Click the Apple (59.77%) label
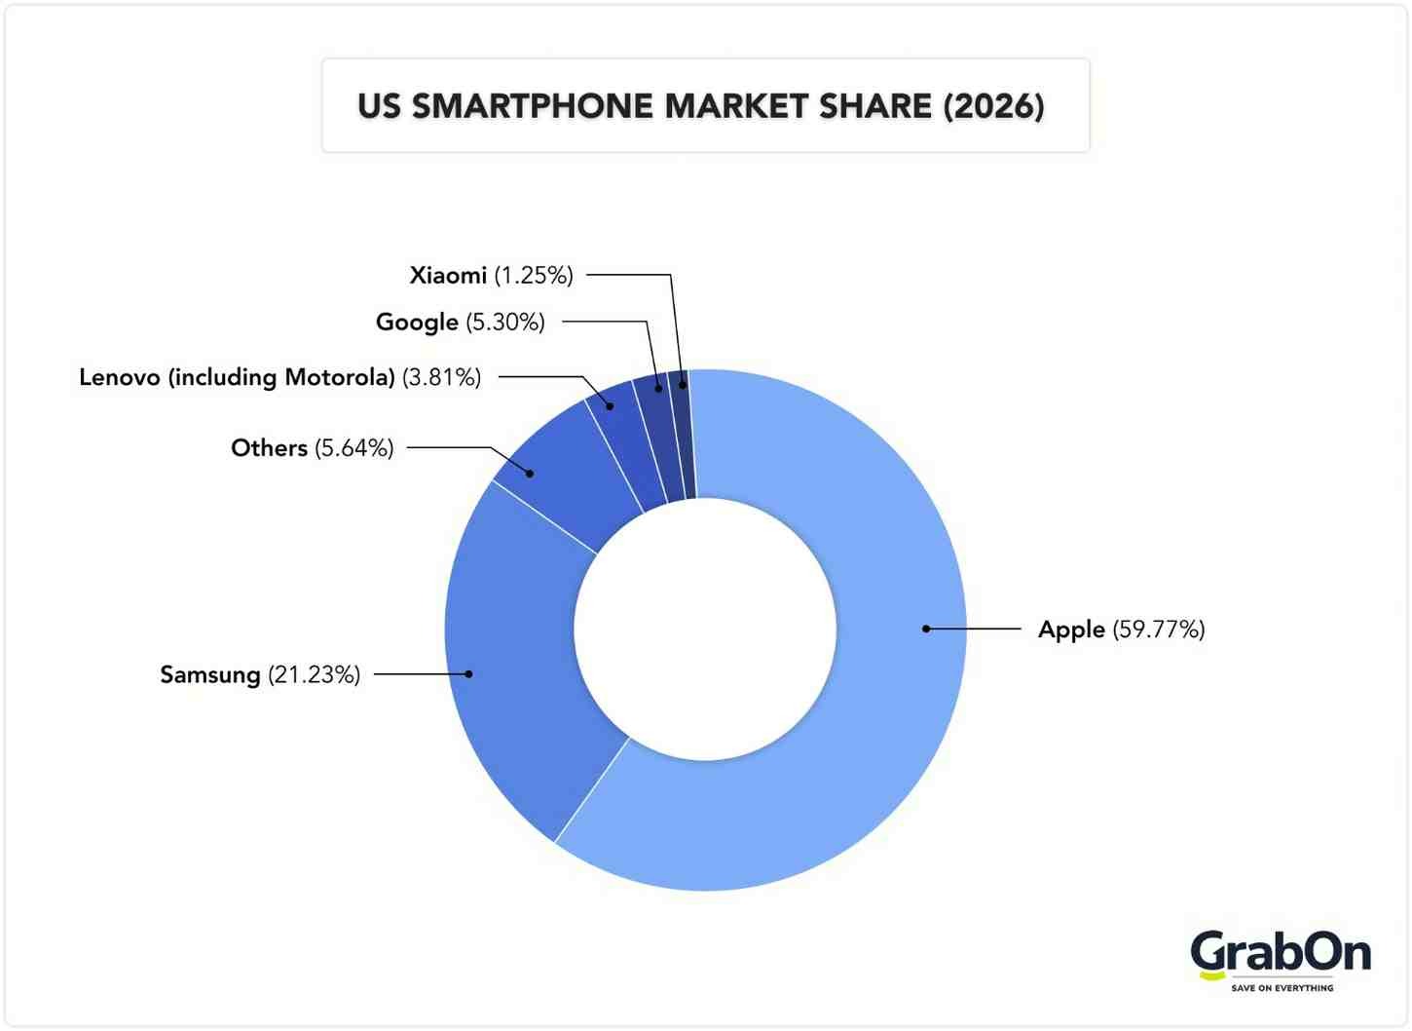(x=1121, y=630)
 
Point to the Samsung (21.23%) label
(x=260, y=674)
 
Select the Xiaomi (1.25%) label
(x=491, y=276)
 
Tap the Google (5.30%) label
(x=460, y=322)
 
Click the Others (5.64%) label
(x=312, y=448)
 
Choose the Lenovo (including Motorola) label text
(x=279, y=377)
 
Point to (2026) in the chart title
(x=993, y=106)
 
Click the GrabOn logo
(x=1280, y=954)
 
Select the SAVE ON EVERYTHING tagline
(x=1282, y=988)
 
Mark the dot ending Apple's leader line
(x=926, y=630)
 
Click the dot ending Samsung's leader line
(x=468, y=673)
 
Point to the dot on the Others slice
(x=530, y=474)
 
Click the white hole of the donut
(x=705, y=630)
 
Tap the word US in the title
(x=379, y=106)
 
